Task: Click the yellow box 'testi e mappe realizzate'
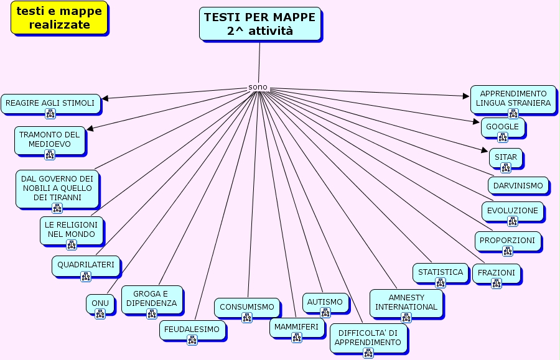click(x=59, y=17)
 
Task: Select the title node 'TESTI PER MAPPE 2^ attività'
click(x=260, y=24)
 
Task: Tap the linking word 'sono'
click(x=258, y=87)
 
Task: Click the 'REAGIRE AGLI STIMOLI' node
click(x=50, y=103)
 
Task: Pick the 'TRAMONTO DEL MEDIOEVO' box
click(x=50, y=139)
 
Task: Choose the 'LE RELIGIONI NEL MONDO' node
click(x=72, y=229)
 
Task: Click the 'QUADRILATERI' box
click(x=86, y=265)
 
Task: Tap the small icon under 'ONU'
click(x=100, y=314)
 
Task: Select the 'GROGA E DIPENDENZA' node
click(x=152, y=299)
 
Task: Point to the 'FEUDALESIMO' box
click(x=192, y=330)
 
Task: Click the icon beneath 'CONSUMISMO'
click(x=247, y=318)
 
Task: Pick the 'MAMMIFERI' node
click(x=296, y=327)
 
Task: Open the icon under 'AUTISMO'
click(x=325, y=313)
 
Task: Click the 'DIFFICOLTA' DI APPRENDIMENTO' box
click(x=368, y=338)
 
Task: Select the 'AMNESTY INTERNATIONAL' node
click(x=406, y=302)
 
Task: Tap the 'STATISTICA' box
click(x=441, y=272)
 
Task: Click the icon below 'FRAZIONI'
click(x=497, y=284)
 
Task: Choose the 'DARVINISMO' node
click(x=518, y=185)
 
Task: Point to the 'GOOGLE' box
click(x=503, y=127)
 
